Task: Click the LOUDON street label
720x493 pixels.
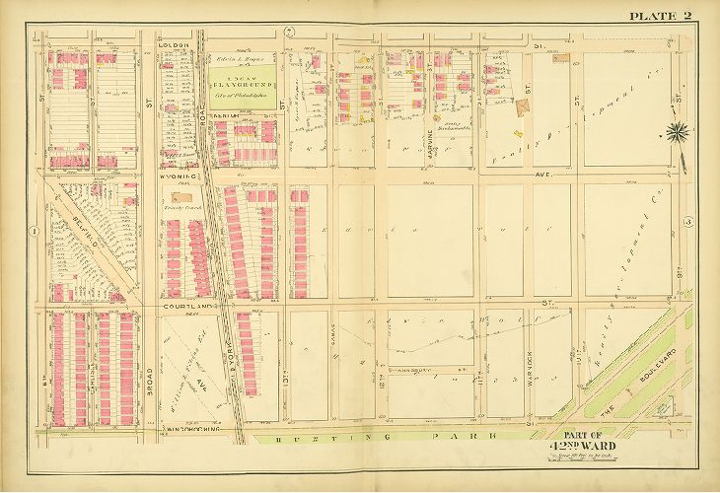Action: point(173,44)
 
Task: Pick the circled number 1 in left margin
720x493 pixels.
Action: point(35,231)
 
